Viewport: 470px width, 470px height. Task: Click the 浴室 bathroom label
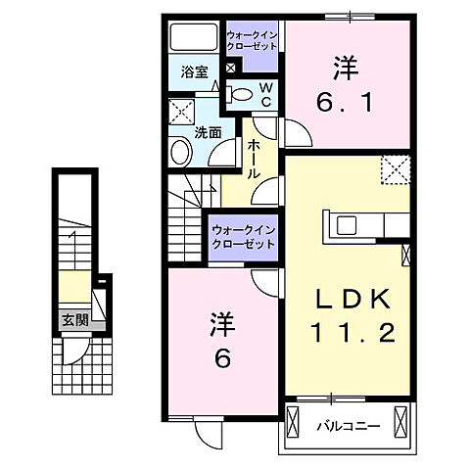click(x=194, y=71)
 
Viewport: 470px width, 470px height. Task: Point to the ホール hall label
click(x=253, y=157)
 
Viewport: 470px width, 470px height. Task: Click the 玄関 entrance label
click(x=73, y=319)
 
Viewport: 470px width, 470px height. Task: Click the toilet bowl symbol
click(x=241, y=93)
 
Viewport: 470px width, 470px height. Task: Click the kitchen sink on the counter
click(x=350, y=224)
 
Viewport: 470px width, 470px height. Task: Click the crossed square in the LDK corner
click(x=397, y=169)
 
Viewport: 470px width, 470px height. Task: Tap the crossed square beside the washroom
click(x=179, y=111)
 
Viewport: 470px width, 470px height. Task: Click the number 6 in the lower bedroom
click(x=223, y=359)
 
